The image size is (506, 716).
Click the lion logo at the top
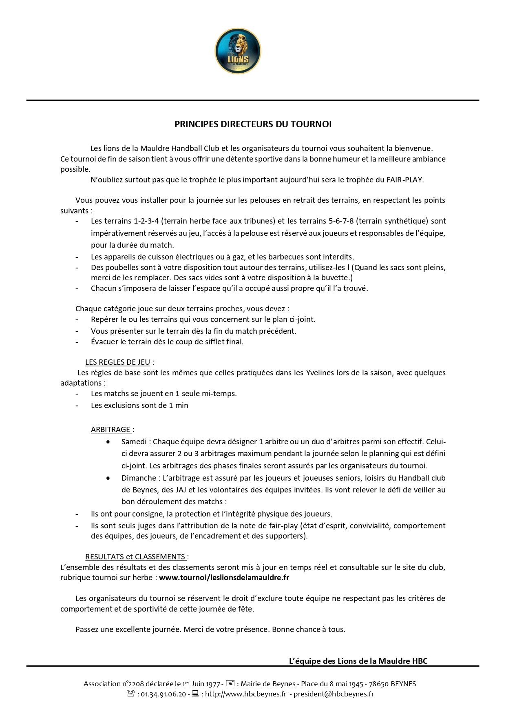coord(238,51)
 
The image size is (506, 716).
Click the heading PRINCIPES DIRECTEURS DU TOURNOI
coord(253,124)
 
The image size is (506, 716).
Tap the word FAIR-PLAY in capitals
coord(405,180)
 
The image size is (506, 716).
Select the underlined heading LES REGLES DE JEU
coord(117,362)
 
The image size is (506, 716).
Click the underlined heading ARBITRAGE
coord(110,430)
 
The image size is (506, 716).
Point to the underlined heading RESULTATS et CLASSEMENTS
coord(135,556)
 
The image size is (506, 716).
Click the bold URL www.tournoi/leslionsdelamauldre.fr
coord(224,578)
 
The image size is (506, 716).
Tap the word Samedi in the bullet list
coord(134,442)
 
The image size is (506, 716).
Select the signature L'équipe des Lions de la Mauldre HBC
coord(358,661)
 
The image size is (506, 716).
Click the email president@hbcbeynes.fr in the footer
coord(334,694)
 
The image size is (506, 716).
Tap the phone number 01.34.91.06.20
coord(163,694)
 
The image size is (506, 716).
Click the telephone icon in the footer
coord(130,694)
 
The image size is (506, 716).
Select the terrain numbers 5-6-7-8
coord(341,221)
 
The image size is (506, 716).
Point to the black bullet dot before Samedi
coord(108,442)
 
